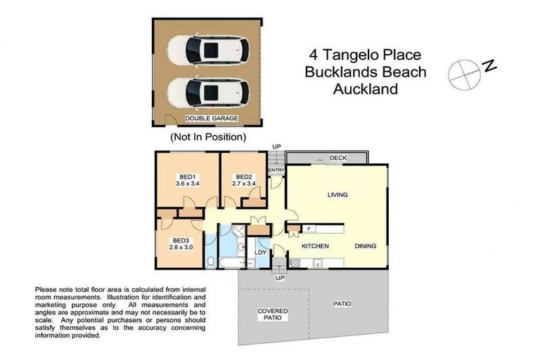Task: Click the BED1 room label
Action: coord(187,176)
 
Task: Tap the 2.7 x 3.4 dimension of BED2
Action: coord(244,184)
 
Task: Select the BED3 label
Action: coord(181,240)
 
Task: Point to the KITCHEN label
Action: coord(316,247)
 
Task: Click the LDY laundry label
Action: coord(260,252)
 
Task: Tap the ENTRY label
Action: coord(276,170)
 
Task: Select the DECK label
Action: coord(338,159)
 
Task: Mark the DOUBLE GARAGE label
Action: coord(212,119)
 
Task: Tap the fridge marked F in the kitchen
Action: coord(309,228)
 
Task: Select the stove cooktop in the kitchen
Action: coord(294,264)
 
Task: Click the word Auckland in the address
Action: coord(365,89)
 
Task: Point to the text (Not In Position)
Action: coord(208,136)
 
